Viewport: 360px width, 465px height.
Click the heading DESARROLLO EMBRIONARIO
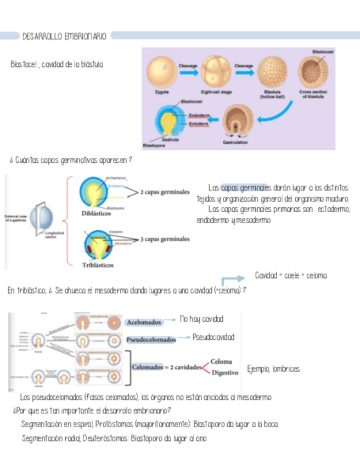64,36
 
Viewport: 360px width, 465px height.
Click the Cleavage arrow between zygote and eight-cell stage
185,70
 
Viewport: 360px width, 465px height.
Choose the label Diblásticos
95,214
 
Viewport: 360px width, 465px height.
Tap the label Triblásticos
97,265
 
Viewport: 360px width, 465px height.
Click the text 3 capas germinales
165,239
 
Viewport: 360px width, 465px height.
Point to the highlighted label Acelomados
144,322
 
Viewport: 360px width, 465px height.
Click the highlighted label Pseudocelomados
151,339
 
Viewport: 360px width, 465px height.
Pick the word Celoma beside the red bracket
221,362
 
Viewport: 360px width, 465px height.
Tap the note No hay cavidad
201,319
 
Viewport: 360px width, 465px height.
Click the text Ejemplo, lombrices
273,369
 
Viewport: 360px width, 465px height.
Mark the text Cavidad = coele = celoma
290,275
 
